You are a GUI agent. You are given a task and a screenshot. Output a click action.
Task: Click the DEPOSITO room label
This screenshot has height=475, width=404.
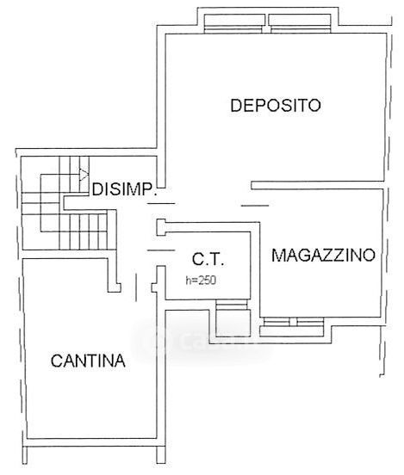click(276, 105)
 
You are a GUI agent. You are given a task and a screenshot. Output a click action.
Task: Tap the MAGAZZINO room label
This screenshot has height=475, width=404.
click(323, 255)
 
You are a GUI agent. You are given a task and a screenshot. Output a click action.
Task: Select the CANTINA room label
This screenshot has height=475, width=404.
click(88, 361)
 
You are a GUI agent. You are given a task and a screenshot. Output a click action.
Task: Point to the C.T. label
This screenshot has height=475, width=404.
click(208, 259)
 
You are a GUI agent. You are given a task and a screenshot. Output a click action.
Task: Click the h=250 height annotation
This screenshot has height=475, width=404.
click(201, 281)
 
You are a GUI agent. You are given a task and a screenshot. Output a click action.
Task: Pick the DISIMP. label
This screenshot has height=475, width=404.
click(125, 189)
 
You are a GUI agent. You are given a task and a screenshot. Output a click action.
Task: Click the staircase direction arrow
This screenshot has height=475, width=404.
click(84, 175)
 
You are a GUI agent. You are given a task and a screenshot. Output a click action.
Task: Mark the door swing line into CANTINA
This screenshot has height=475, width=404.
click(136, 287)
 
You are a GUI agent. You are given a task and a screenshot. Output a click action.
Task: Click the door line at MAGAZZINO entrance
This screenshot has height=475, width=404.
click(255, 206)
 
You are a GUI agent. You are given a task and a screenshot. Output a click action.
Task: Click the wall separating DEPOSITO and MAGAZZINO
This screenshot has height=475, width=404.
click(318, 185)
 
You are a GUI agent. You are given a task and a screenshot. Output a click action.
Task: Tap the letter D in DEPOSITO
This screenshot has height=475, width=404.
click(236, 106)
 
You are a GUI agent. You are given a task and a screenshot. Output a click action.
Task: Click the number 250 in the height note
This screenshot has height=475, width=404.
click(207, 281)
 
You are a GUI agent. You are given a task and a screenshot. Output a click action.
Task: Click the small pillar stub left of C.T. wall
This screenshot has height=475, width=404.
click(161, 227)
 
